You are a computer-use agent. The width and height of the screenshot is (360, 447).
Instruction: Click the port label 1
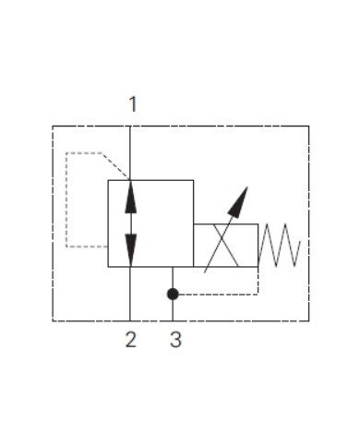[x=132, y=103]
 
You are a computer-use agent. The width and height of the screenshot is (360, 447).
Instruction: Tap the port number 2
[x=131, y=340]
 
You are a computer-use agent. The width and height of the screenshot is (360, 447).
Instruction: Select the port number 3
[x=174, y=340]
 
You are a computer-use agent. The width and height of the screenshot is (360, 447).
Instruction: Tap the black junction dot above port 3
[x=173, y=294]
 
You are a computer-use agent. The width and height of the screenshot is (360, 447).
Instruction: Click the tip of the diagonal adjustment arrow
[x=246, y=188]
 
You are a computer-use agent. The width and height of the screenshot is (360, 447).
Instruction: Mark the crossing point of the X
[x=225, y=245]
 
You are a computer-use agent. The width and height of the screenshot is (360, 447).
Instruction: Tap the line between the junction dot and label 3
[x=173, y=311]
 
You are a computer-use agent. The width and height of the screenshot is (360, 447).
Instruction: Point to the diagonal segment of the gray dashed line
[x=115, y=165]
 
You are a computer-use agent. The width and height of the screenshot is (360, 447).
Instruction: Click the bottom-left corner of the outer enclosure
[x=53, y=320]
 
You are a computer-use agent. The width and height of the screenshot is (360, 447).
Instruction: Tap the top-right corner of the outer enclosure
[x=308, y=126]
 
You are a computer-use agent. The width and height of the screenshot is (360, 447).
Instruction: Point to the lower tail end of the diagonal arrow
[x=206, y=273]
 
